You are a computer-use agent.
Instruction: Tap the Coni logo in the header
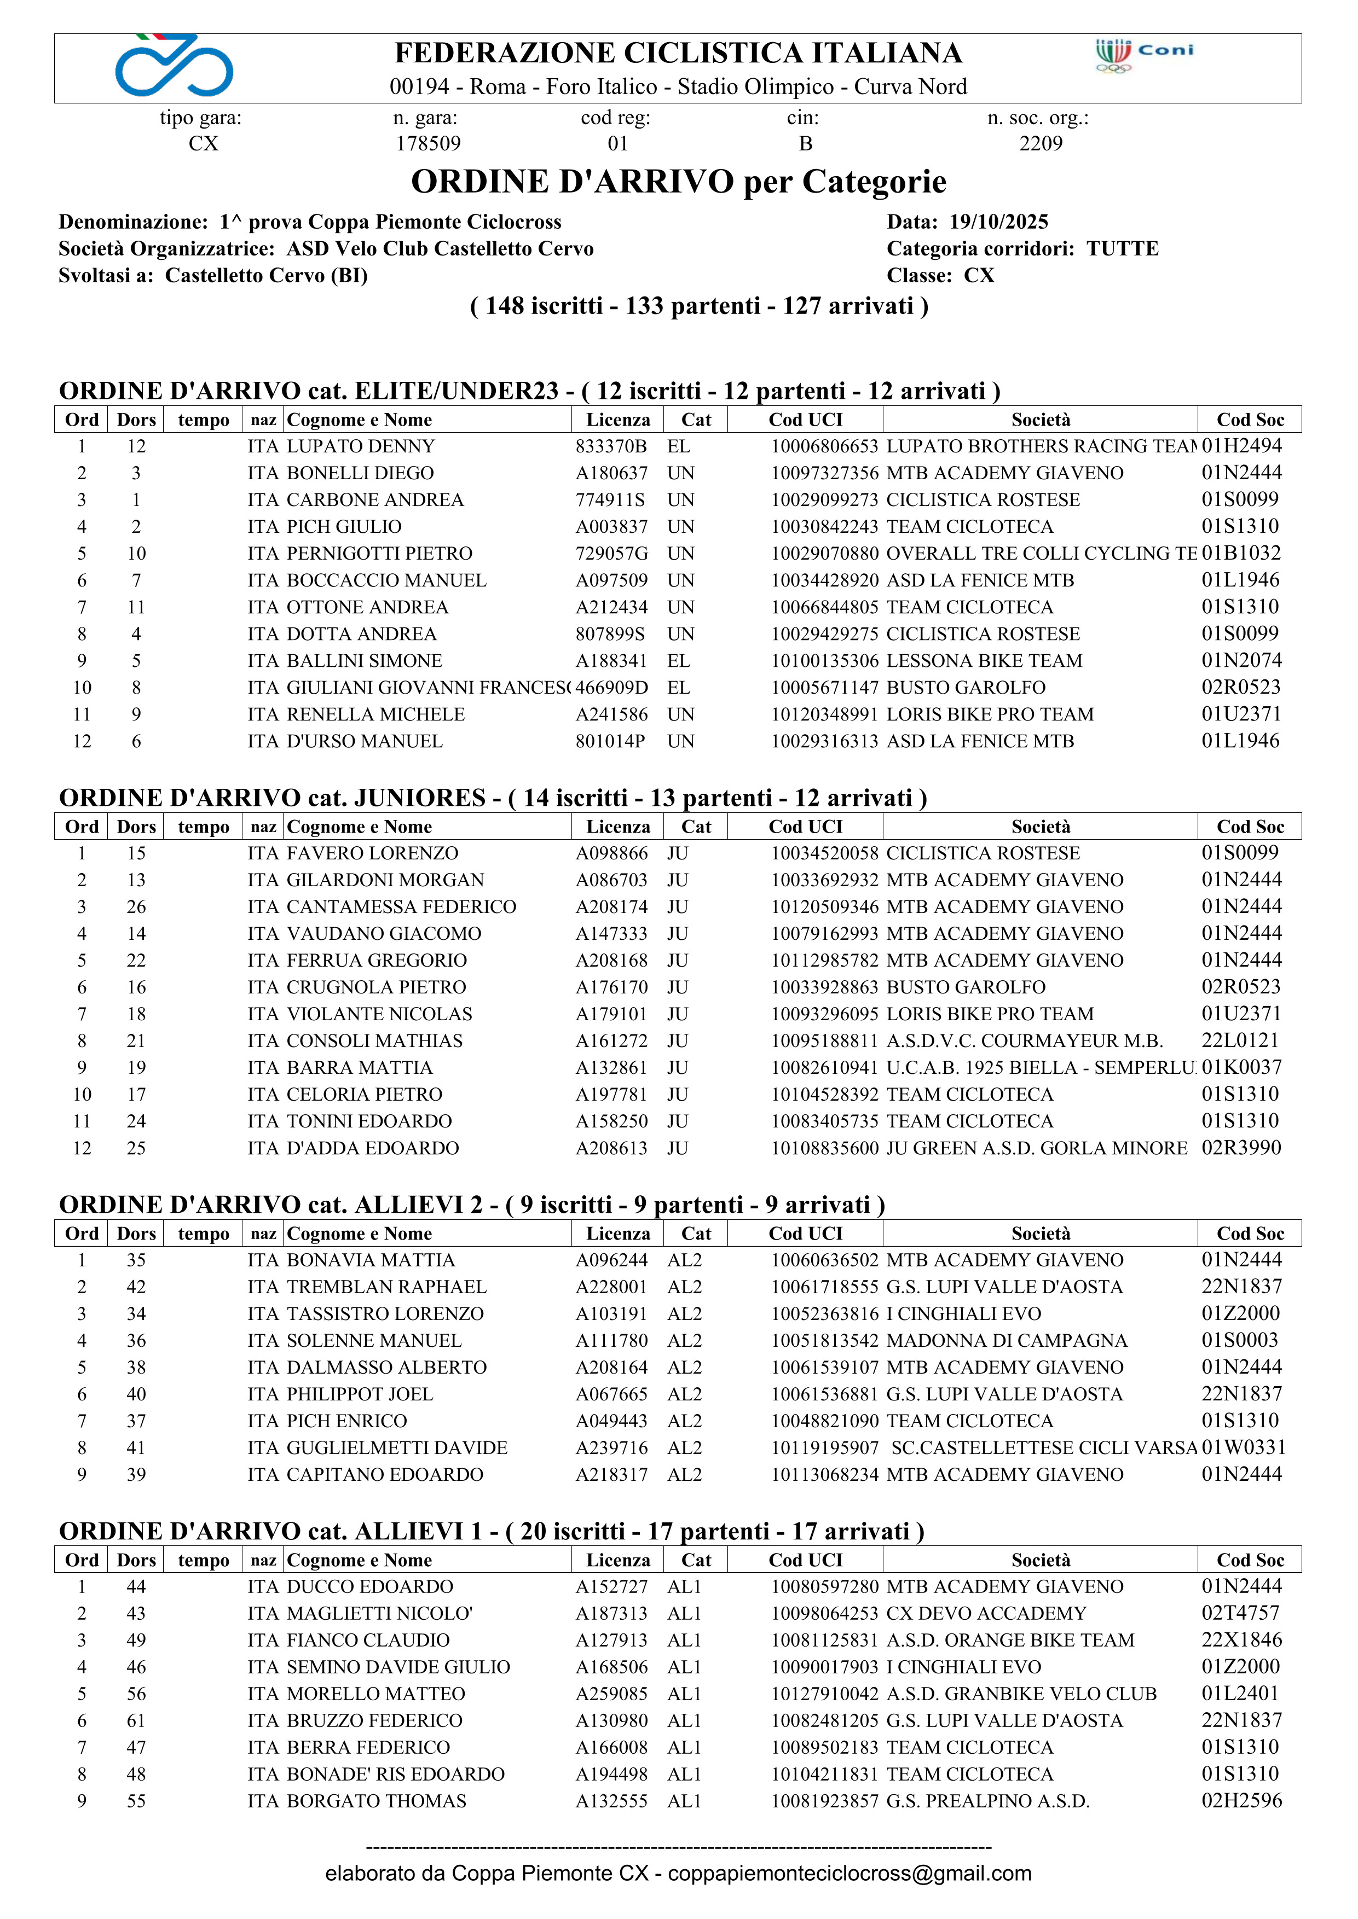(1144, 55)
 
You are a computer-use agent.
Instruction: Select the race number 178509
(428, 144)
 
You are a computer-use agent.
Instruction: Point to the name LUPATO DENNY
(360, 446)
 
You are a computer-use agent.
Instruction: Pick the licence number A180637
(611, 473)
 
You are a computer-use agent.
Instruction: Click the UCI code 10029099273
(824, 500)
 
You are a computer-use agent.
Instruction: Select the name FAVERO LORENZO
(372, 853)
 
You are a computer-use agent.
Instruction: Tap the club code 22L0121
(1240, 1040)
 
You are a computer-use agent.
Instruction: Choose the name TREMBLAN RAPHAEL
(386, 1287)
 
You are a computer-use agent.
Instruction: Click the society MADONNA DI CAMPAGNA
(1007, 1341)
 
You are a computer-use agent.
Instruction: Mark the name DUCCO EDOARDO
(369, 1587)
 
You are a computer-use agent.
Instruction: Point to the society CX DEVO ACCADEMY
(986, 1614)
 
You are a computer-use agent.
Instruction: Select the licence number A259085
(611, 1694)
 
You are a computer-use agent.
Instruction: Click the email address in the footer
(849, 1874)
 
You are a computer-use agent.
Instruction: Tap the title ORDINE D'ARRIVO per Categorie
(678, 182)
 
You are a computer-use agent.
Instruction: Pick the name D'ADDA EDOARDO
(372, 1148)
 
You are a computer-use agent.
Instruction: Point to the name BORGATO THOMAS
(376, 1801)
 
